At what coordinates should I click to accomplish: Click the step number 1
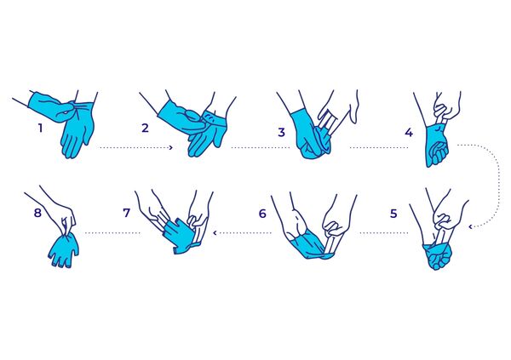[x=40, y=128]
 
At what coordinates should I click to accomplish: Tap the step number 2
[x=145, y=128]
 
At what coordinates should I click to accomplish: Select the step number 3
[x=281, y=132]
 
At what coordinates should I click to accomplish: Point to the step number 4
[x=409, y=132]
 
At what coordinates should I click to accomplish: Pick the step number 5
[x=393, y=214]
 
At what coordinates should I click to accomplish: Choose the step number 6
[x=262, y=214]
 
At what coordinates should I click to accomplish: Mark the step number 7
[x=126, y=213]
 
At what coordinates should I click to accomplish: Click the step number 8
[x=37, y=213]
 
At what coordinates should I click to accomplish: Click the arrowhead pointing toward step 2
[x=171, y=147]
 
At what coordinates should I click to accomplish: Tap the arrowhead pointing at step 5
[x=471, y=226]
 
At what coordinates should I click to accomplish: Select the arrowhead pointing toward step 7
[x=215, y=232]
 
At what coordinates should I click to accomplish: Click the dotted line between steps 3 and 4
[x=379, y=147]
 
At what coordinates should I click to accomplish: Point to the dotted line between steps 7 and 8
[x=112, y=232]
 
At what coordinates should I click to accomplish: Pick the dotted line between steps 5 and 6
[x=384, y=232]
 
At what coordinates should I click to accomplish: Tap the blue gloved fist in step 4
[x=437, y=146]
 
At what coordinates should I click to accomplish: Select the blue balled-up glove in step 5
[x=438, y=257]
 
